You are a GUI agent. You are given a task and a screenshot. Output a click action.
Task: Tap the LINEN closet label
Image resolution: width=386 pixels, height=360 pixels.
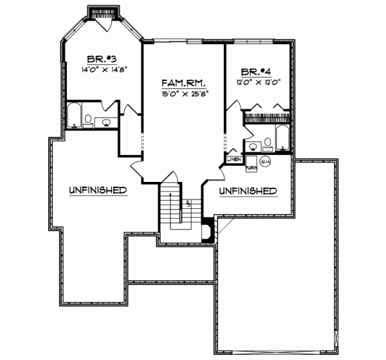pos(234,159)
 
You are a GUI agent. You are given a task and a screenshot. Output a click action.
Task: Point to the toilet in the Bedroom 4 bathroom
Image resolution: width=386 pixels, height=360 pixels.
pos(267,144)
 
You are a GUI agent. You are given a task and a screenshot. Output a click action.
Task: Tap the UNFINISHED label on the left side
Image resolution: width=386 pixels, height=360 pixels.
pos(97,190)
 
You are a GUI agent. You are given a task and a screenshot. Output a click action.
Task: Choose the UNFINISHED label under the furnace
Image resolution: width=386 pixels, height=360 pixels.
pos(248,191)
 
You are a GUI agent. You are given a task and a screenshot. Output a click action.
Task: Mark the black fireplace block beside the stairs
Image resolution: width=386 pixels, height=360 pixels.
pos(208,230)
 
